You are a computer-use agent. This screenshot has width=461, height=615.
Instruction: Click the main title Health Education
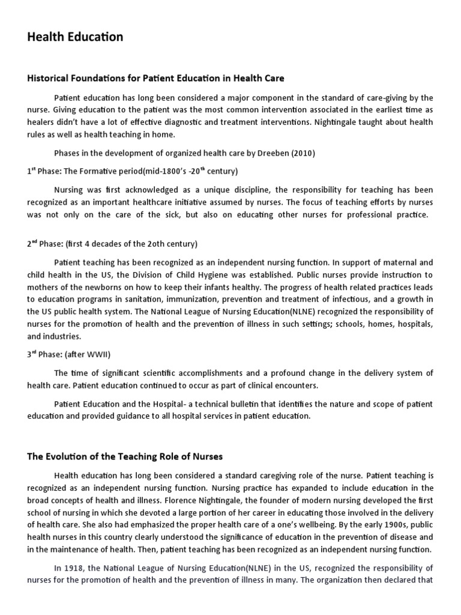point(75,37)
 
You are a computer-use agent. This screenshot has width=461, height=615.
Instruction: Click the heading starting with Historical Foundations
point(155,78)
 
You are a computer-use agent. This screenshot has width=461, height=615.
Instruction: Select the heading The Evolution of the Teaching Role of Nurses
point(125,457)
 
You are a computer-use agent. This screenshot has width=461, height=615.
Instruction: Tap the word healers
point(40,122)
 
